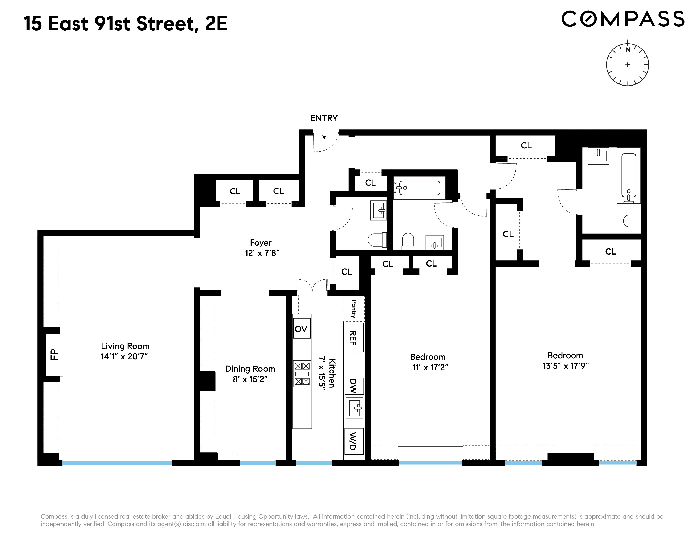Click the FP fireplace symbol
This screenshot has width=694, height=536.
[54, 355]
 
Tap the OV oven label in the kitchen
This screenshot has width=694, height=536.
[301, 329]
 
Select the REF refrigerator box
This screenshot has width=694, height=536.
[353, 338]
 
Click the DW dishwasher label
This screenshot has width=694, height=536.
[354, 386]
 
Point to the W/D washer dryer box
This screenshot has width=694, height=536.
[354, 441]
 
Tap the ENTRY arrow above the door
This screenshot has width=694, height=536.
[324, 132]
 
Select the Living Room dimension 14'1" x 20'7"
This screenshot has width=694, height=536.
[124, 356]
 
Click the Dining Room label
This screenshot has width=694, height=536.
[250, 369]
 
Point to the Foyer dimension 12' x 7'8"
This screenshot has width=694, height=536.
[262, 253]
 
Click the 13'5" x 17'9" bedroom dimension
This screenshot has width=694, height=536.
[566, 366]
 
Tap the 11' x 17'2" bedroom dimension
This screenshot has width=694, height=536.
[430, 367]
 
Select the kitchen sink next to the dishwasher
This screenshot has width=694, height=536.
[354, 408]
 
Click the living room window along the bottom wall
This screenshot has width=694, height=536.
[117, 463]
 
